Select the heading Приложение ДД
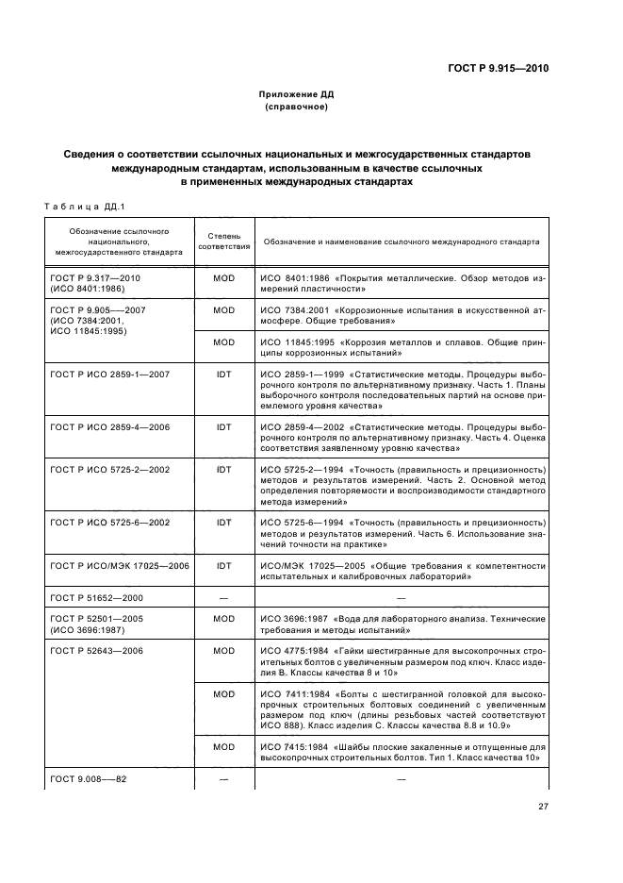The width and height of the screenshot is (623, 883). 296,95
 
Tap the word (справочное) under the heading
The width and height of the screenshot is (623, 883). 296,108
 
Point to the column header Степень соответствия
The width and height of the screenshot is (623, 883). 223,242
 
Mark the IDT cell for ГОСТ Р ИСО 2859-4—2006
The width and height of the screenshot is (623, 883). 223,426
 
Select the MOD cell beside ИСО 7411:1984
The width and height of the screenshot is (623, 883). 223,693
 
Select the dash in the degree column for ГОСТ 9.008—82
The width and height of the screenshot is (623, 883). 223,778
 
